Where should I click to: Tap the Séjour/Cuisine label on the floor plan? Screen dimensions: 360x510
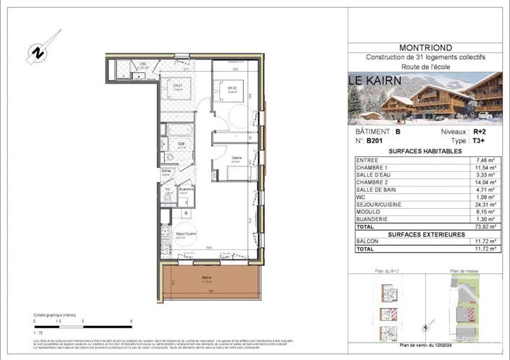click(x=187, y=235)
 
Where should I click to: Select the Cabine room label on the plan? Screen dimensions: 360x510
click(x=237, y=158)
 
